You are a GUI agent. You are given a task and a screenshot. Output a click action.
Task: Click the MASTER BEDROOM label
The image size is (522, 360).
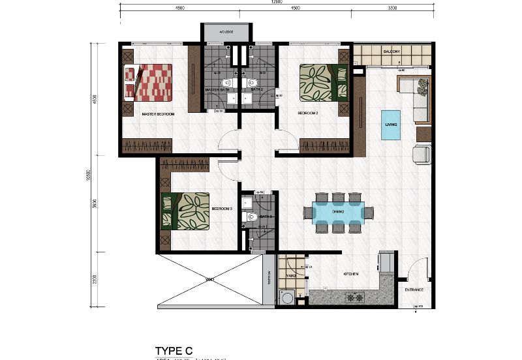click(158, 114)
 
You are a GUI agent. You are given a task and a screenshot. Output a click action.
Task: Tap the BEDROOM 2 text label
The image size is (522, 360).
click(308, 113)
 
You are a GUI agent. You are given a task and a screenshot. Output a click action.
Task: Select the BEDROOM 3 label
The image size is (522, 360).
click(222, 209)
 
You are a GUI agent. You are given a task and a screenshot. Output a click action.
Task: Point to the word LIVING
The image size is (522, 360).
click(391, 123)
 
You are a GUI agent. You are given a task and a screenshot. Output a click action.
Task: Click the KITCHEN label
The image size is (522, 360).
click(351, 275)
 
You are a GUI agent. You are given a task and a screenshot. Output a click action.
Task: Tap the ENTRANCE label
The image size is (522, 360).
click(414, 290)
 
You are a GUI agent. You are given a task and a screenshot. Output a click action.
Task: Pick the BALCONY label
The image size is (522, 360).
click(392, 52)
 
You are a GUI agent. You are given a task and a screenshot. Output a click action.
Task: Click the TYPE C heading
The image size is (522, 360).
click(174, 350)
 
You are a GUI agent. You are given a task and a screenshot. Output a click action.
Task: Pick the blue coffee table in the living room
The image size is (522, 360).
click(391, 124)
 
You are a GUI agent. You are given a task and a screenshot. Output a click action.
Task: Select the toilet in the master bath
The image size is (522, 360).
click(225, 83)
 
